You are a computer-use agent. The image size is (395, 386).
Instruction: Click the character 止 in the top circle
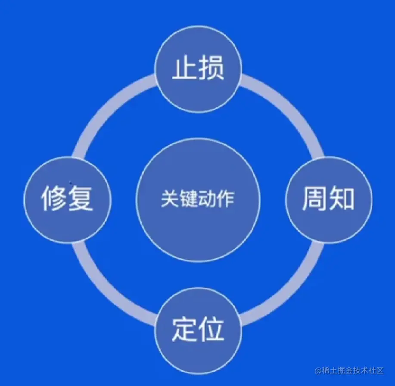[x=185, y=68]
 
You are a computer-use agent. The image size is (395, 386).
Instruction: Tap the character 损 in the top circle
[x=211, y=68]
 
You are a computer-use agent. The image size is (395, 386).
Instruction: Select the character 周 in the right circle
[x=315, y=199]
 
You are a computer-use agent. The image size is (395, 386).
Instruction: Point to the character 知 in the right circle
[x=341, y=199]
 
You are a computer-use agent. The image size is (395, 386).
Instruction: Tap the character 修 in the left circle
[x=55, y=199]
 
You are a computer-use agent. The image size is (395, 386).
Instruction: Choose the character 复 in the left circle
[x=81, y=199]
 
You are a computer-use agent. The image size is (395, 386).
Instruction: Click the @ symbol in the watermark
[x=318, y=370]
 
